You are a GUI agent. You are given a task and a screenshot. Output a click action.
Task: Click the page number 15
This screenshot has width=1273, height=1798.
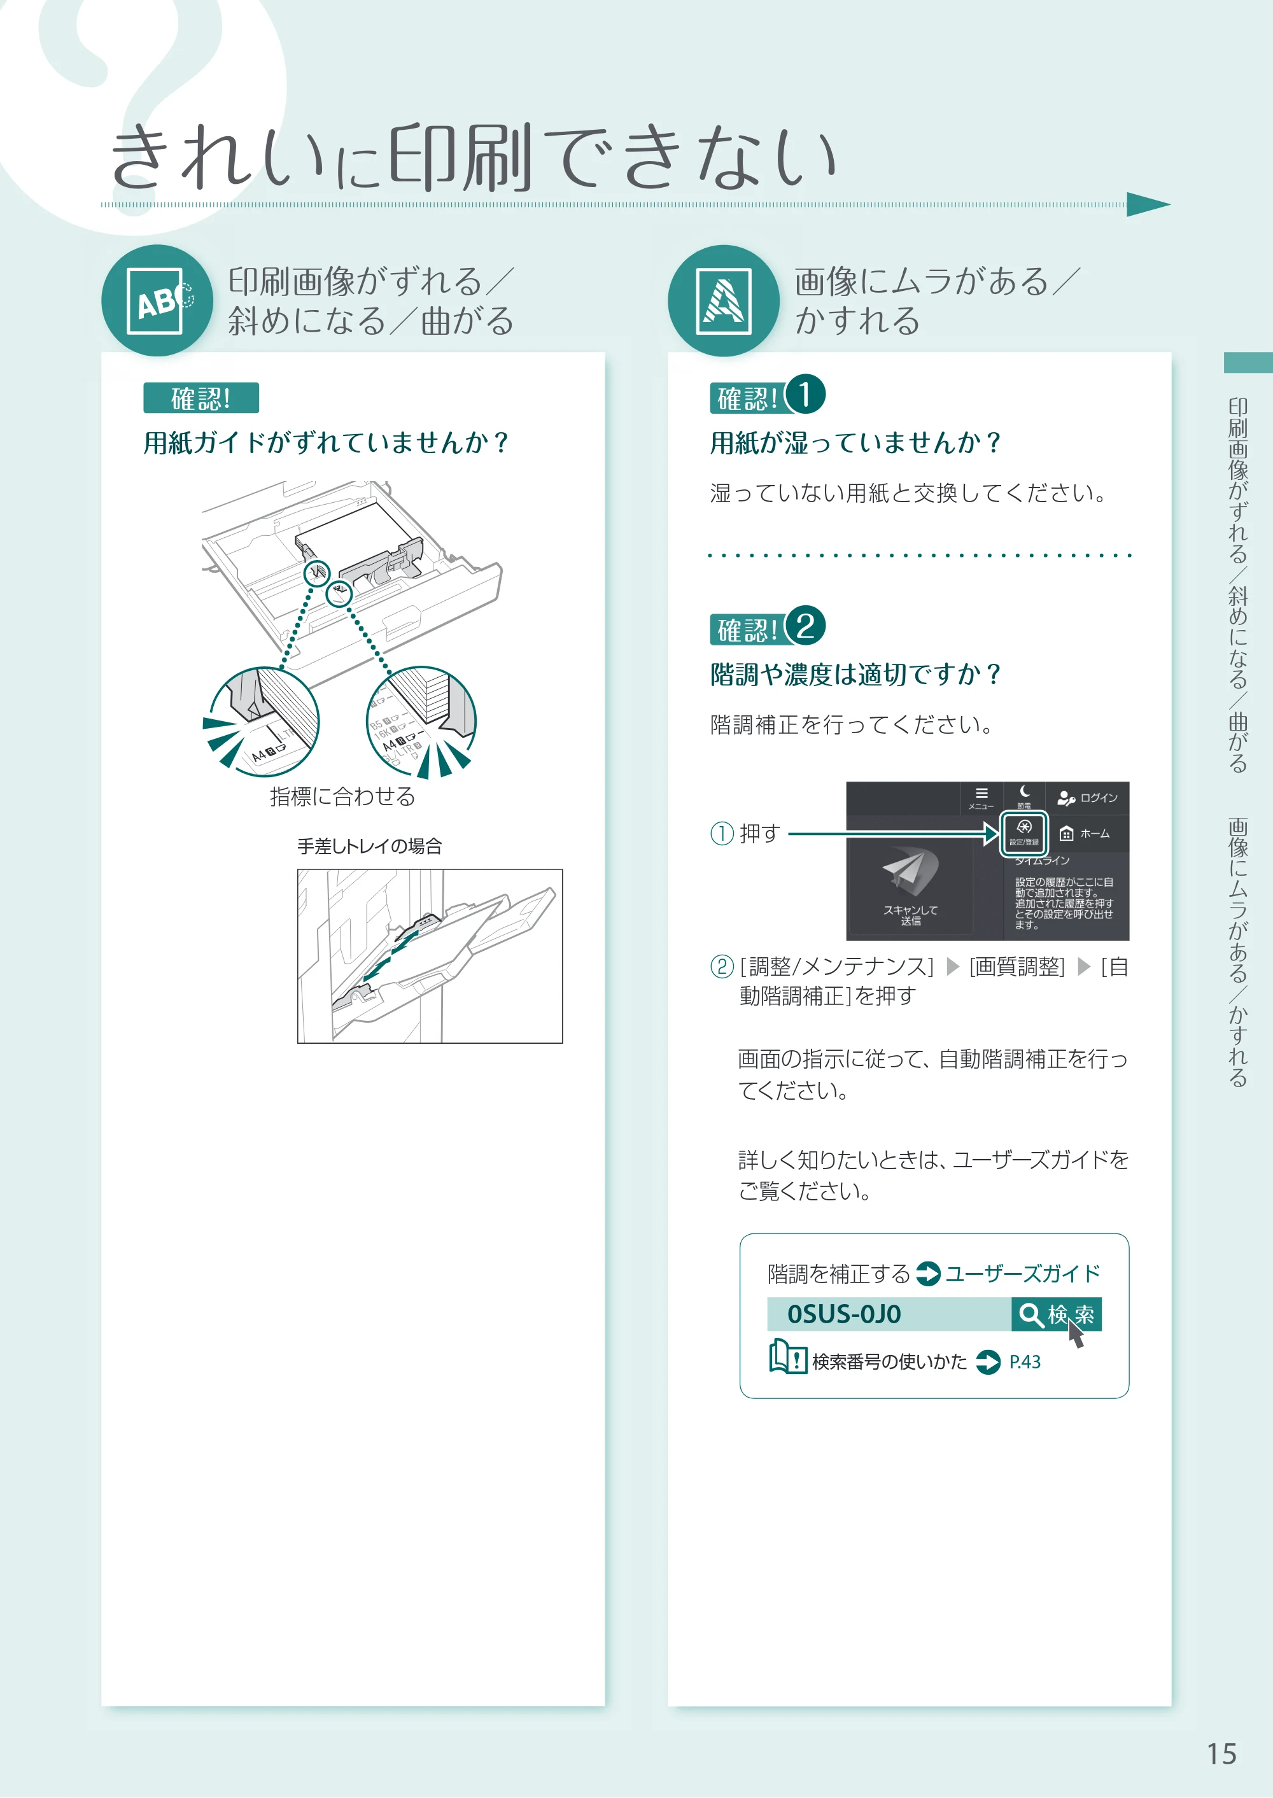[x=1221, y=1754]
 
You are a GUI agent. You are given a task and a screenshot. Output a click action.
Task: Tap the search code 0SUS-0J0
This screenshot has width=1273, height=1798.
[x=844, y=1314]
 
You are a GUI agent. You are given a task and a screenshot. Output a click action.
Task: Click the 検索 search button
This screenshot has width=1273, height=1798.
[x=1057, y=1314]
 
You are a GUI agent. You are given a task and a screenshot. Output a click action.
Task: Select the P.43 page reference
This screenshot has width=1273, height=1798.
[x=1025, y=1362]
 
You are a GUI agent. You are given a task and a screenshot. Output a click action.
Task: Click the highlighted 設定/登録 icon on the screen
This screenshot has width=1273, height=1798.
[x=1023, y=832]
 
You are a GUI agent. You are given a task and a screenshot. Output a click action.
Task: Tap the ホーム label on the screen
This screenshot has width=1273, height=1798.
[x=1094, y=834]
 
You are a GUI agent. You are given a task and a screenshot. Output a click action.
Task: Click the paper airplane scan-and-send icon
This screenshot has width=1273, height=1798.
[x=910, y=871]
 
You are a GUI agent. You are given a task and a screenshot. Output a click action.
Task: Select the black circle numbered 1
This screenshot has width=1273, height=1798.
[x=805, y=394]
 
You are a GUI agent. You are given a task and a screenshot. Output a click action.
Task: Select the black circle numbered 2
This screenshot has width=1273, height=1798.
[x=805, y=626]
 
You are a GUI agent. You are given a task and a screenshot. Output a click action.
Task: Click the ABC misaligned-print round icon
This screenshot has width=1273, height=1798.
[x=157, y=301]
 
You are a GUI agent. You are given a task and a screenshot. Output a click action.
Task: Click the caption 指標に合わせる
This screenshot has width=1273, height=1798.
[x=342, y=796]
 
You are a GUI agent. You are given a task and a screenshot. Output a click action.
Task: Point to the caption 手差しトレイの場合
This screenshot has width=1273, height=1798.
[x=370, y=846]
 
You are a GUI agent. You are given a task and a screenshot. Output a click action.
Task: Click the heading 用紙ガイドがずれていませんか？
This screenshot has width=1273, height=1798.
[x=326, y=443]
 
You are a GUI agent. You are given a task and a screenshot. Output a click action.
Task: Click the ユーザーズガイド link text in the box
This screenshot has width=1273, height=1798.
[x=1022, y=1274]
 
